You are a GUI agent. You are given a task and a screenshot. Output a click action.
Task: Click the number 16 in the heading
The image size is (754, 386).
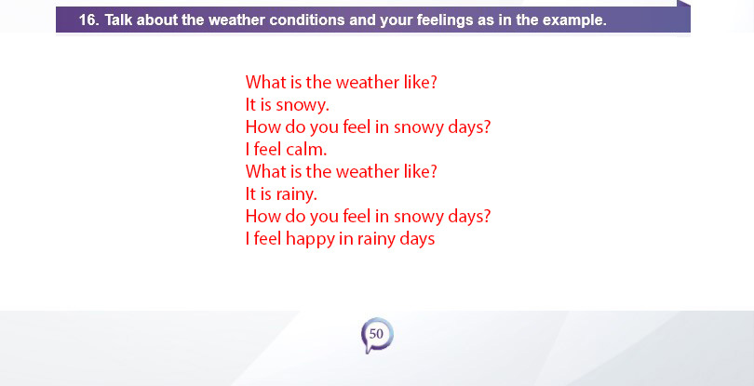click(x=88, y=20)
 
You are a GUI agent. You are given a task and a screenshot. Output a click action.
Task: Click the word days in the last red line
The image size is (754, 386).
click(x=417, y=239)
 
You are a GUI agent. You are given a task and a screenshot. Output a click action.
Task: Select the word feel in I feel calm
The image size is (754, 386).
click(x=267, y=150)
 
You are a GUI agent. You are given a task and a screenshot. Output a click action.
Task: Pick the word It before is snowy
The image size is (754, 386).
click(x=250, y=105)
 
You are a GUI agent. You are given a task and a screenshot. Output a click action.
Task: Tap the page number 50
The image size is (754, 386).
click(x=376, y=334)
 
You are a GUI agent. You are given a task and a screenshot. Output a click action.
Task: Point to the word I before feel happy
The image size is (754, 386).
click(x=248, y=238)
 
